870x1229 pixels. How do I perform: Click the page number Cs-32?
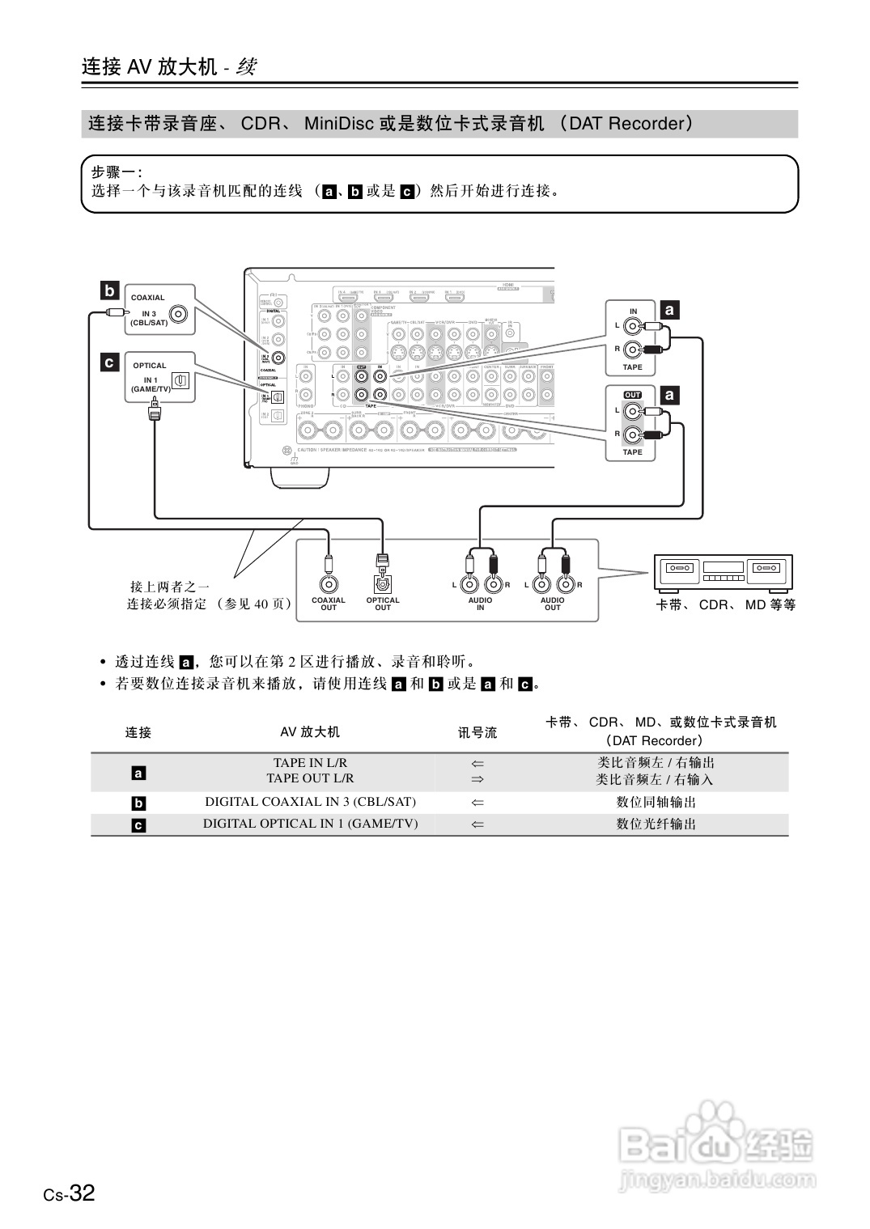coord(70,1193)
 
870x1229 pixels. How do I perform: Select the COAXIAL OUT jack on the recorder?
coord(329,583)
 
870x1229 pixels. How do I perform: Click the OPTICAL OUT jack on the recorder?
coord(383,583)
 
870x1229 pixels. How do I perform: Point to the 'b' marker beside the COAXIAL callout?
coord(109,290)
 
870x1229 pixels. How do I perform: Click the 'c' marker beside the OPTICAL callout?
coord(109,362)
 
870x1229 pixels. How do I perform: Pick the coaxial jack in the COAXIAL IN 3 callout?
coord(179,313)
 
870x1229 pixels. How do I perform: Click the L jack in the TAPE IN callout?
coord(634,327)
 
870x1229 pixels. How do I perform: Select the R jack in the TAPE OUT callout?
coord(634,434)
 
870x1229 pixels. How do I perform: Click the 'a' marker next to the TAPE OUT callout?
coord(669,395)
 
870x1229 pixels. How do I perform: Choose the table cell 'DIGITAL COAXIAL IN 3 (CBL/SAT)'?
coord(310,802)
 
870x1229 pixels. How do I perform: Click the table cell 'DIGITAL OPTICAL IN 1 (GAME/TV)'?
coord(310,824)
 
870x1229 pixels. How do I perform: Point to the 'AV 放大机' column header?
coord(310,732)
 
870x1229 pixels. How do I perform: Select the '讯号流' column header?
coord(477,732)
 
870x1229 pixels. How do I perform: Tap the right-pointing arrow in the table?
coord(477,779)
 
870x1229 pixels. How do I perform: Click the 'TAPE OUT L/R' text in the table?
coord(310,778)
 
